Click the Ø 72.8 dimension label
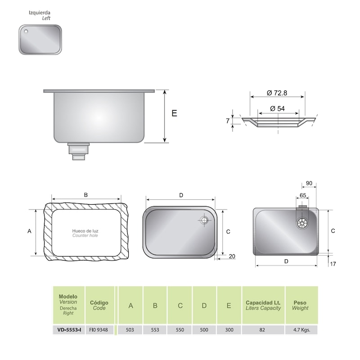coord(277,93)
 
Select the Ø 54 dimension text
coord(277,108)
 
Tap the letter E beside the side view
coord(174,113)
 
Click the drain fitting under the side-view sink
coord(79,151)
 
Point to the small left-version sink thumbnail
coord(40,40)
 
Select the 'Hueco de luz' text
coord(85,231)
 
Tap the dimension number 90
coord(309,183)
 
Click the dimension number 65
coord(302,195)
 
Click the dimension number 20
coord(232,256)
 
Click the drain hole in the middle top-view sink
coord(204,220)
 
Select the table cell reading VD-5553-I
coord(69,330)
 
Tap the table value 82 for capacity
coord(262,330)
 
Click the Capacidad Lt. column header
coord(263,302)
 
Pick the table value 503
coord(130,330)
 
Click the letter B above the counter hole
coord(85,194)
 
